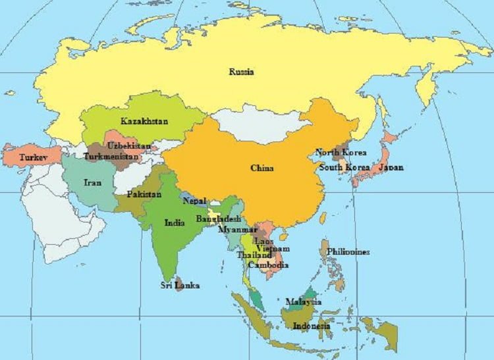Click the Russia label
(241, 72)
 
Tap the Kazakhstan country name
(144, 121)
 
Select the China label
(261, 168)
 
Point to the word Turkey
(32, 158)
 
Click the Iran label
(92, 182)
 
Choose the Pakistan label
(144, 195)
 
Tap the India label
(175, 222)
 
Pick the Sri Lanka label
(180, 286)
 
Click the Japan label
(391, 167)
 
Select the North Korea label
(340, 153)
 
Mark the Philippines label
(348, 251)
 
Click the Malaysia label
(303, 301)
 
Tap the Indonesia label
(312, 326)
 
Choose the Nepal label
(194, 201)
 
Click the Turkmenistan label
(111, 157)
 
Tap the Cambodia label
(268, 265)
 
